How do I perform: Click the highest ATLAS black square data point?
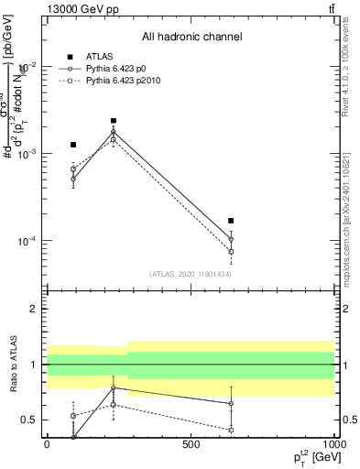pyautogui.click(x=114, y=120)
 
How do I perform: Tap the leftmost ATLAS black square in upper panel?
pyautogui.click(x=73, y=145)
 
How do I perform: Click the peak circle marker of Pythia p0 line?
pyautogui.click(x=114, y=132)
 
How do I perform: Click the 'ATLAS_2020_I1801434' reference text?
pyautogui.click(x=191, y=275)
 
